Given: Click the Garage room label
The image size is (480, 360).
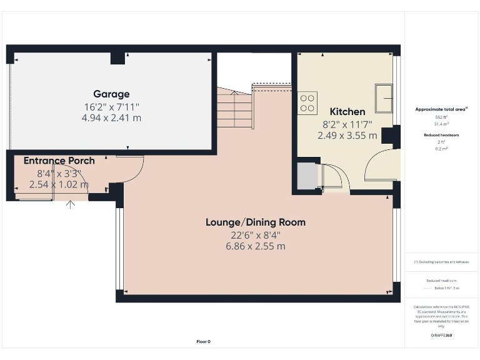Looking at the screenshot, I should point(111,94).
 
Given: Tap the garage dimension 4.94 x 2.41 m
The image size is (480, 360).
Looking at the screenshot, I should point(111,117).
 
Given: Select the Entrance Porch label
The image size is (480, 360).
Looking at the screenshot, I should point(59,161).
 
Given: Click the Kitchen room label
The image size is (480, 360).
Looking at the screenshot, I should point(347,112).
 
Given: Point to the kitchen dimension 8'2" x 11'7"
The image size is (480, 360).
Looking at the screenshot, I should point(347,124).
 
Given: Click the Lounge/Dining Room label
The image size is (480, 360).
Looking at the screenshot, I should point(256,222).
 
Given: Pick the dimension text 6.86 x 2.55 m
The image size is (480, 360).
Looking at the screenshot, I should point(256,246).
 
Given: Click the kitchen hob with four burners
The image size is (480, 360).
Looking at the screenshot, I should point(307,102).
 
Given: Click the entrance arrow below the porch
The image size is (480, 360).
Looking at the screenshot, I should point(71,204).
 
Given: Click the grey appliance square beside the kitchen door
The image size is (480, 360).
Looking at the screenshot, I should point(307,176).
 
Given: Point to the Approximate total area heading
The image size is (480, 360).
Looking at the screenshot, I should point(442,109).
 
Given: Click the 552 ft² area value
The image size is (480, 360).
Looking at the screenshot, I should point(442,117).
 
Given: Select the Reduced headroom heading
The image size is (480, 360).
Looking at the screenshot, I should point(442,135).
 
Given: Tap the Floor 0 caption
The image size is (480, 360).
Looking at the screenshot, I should point(204,341).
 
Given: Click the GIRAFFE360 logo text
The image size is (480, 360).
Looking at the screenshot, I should point(442,336).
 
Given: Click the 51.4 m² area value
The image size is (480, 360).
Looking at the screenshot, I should point(442,124).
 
